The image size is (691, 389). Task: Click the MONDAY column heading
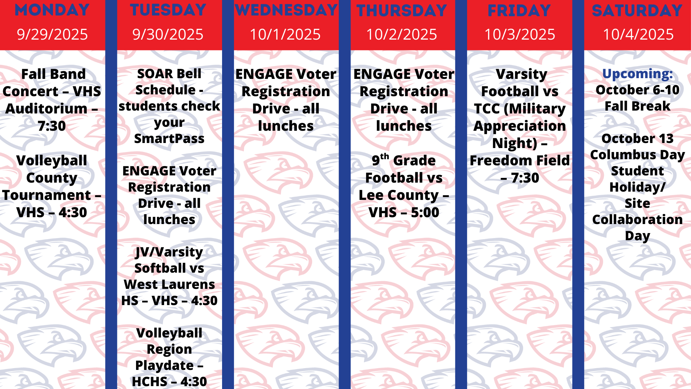tap(52, 10)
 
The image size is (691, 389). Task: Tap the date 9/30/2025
tap(168, 35)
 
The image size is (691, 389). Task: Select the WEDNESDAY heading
tap(286, 10)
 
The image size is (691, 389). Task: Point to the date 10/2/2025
tap(402, 35)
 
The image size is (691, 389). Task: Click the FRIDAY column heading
tap(519, 10)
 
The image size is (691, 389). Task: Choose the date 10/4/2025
tap(638, 35)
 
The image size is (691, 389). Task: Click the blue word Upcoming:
tap(637, 74)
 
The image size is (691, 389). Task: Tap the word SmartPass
tap(169, 139)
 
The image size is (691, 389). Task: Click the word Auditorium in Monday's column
tap(46, 109)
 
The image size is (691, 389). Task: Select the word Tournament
tap(47, 195)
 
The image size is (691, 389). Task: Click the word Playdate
tap(164, 366)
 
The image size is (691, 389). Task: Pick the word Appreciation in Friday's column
tap(520, 126)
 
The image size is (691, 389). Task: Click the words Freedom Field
tap(520, 161)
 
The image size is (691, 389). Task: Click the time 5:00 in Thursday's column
tap(425, 213)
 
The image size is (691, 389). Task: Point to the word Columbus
tap(618, 155)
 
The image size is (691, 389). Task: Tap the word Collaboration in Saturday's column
tap(637, 220)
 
